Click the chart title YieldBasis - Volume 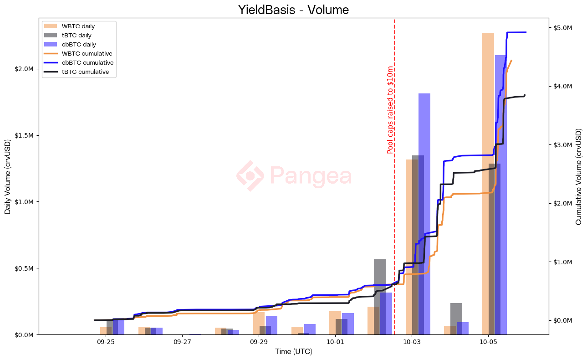(293, 10)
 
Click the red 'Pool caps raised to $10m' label (390, 110)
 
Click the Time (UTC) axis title (293, 352)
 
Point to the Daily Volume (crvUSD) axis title (8, 176)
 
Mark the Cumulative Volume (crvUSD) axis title (579, 176)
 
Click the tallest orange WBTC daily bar (488, 182)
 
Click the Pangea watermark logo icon (250, 176)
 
